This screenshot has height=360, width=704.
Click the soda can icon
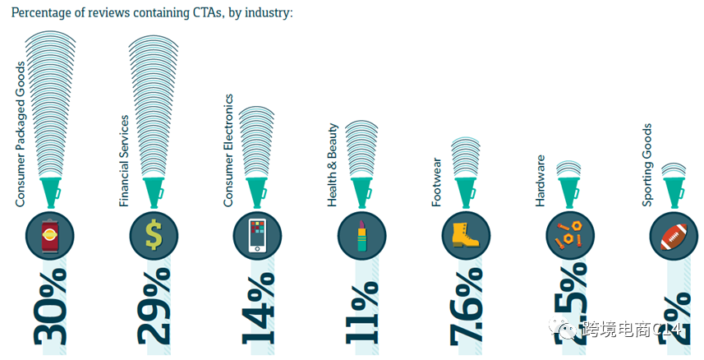tap(50, 235)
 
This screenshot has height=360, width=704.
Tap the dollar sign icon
tap(154, 235)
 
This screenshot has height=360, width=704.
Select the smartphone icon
tap(258, 235)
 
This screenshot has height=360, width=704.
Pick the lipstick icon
tap(361, 235)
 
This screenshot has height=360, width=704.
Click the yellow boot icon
tap(466, 235)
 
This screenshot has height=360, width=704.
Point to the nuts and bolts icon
tap(569, 235)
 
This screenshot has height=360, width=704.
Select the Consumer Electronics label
tap(229, 150)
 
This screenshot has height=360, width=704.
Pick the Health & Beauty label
tap(333, 165)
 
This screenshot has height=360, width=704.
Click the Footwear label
tap(437, 182)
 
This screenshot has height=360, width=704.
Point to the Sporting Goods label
tap(647, 165)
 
